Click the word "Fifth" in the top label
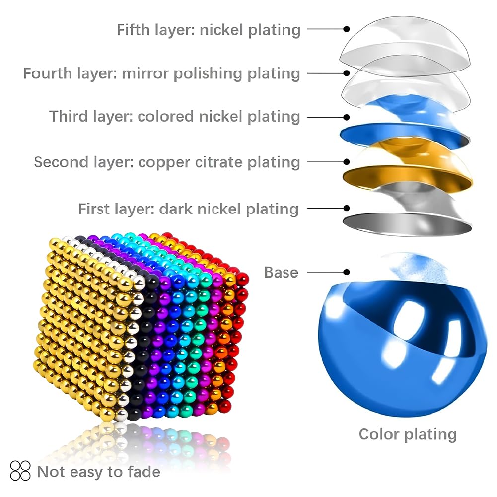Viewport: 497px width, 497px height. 133,30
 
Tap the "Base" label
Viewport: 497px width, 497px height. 281,272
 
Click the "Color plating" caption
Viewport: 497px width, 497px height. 408,434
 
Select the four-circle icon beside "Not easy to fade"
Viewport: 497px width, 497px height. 20,471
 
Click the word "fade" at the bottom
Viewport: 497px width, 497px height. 144,472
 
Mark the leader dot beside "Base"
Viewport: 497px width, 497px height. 347,272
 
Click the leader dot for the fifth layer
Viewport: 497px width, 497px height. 347,29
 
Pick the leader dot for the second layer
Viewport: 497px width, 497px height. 347,162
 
